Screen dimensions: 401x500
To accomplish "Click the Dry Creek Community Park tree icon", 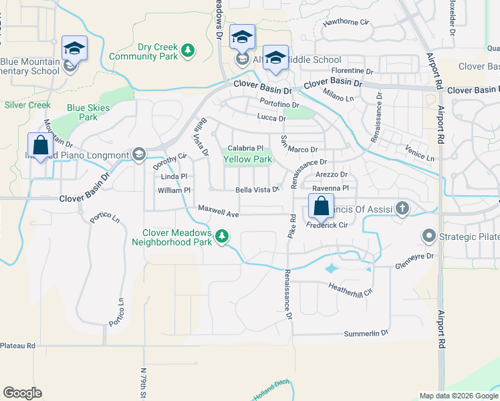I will click(189, 50).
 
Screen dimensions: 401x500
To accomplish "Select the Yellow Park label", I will click(247, 160).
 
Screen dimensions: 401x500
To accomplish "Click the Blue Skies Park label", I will click(82, 112).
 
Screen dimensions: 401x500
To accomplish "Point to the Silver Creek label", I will click(27, 105).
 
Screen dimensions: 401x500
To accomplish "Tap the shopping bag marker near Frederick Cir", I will click(320, 206).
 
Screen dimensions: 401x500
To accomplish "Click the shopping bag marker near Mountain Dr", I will click(40, 145).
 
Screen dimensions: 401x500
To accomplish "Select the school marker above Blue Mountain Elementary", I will click(74, 48).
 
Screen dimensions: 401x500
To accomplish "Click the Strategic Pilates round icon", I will click(428, 236).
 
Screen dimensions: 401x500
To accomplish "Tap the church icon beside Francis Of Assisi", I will click(402, 208).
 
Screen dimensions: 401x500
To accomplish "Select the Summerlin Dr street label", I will click(366, 333).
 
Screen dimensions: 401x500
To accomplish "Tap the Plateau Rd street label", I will click(17, 346).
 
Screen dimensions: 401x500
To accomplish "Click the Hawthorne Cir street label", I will click(346, 22).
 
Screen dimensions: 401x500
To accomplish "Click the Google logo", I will click(22, 393).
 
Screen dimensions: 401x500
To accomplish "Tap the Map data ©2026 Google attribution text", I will click(458, 396).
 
